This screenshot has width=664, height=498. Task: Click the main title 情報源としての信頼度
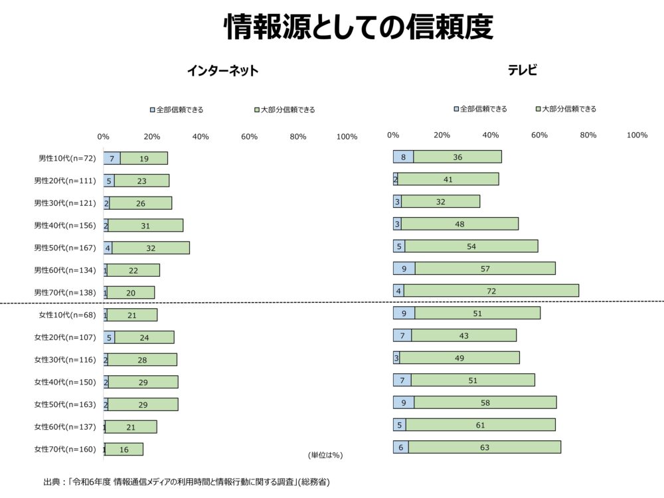click(x=358, y=27)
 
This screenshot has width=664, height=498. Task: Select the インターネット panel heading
click(x=222, y=71)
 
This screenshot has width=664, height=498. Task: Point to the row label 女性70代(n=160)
click(x=65, y=450)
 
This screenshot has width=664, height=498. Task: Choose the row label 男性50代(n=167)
click(x=65, y=248)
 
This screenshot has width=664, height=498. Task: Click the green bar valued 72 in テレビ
click(x=491, y=291)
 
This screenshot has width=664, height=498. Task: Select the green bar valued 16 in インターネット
click(x=124, y=450)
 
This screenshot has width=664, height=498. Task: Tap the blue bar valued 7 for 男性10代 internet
click(x=112, y=159)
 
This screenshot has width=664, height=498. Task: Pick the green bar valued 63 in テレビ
click(x=485, y=448)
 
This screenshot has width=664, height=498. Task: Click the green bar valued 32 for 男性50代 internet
click(x=151, y=248)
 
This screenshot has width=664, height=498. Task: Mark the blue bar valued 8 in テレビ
click(x=403, y=157)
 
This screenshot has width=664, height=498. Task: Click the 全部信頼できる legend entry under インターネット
click(x=176, y=110)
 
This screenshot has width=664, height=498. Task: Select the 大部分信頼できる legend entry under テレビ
click(x=565, y=109)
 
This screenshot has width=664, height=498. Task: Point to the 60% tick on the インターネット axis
click(x=249, y=137)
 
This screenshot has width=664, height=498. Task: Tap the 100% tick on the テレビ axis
click(x=637, y=135)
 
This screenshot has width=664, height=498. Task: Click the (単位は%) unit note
click(x=325, y=456)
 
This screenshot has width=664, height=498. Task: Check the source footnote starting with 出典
click(x=187, y=481)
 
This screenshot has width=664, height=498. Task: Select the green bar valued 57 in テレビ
click(x=485, y=268)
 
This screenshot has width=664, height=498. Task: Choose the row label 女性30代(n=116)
click(x=65, y=360)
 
